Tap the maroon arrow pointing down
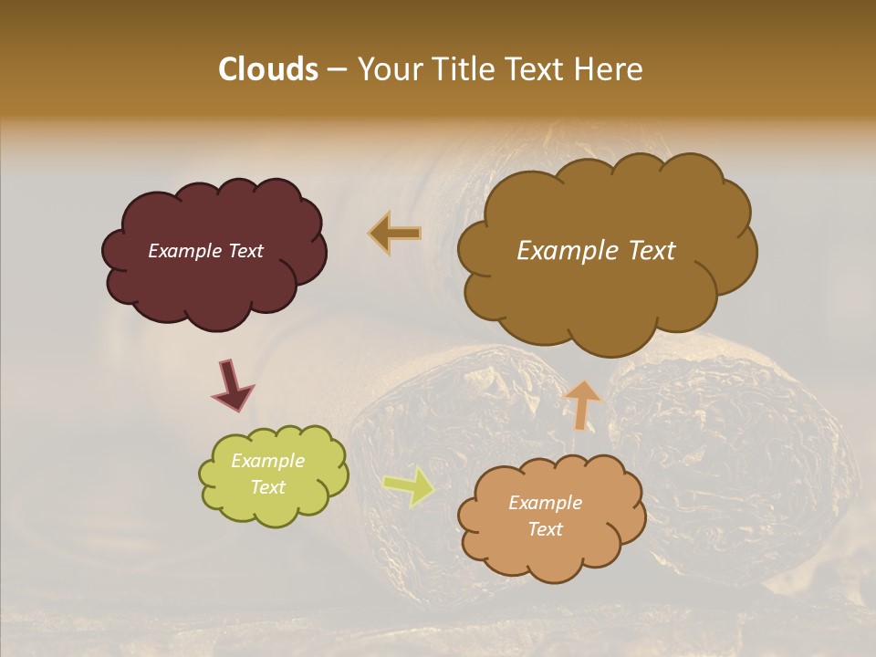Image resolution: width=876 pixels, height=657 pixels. click(233, 388)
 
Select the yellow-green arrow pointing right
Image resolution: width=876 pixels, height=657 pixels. click(409, 485)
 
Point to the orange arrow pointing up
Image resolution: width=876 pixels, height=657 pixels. click(583, 404)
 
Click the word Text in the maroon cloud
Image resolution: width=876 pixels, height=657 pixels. click(245, 251)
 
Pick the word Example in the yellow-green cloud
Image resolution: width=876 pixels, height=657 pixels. click(267, 461)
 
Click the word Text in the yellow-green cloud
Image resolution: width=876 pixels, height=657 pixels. click(267, 487)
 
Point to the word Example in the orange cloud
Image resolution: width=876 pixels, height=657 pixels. click(545, 503)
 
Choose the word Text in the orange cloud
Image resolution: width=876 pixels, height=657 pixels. click(545, 529)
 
